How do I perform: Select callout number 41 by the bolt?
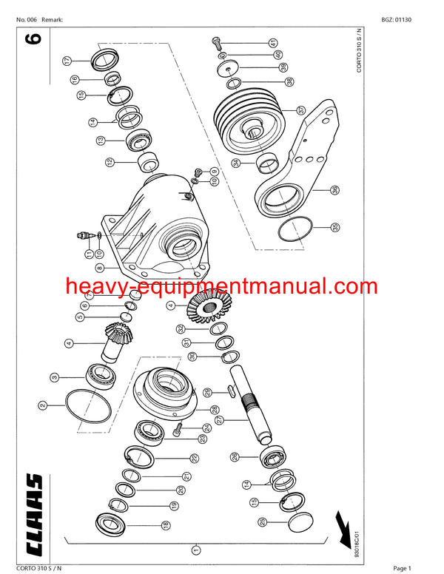click(x=273, y=41)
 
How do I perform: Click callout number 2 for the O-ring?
click(x=42, y=405)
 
